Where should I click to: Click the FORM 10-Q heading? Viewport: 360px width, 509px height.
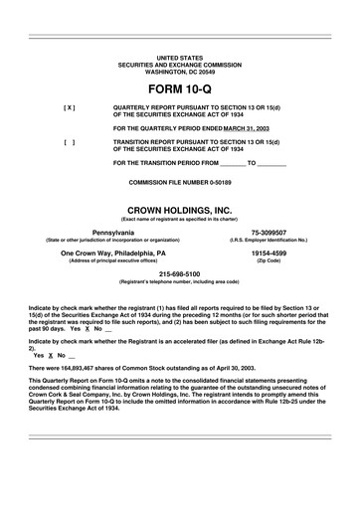pos(179,89)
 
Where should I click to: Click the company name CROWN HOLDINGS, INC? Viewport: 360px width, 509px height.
pos(179,211)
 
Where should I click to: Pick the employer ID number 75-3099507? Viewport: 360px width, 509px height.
pos(269,231)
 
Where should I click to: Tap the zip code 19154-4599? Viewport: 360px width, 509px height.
pos(269,253)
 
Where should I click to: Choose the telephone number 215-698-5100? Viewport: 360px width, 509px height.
pos(179,273)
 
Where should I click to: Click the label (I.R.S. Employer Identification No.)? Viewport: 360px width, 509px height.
pos(269,240)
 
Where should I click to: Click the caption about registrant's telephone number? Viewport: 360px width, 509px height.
pos(179,281)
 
